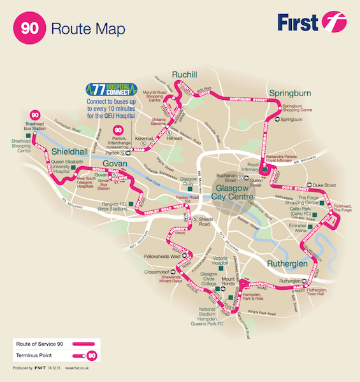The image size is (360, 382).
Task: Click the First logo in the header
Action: [310, 24]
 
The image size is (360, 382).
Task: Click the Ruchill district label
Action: [187, 74]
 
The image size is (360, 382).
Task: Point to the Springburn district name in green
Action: [289, 93]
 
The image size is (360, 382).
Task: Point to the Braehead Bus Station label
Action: [36, 125]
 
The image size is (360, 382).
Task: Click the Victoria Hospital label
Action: [220, 262]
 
